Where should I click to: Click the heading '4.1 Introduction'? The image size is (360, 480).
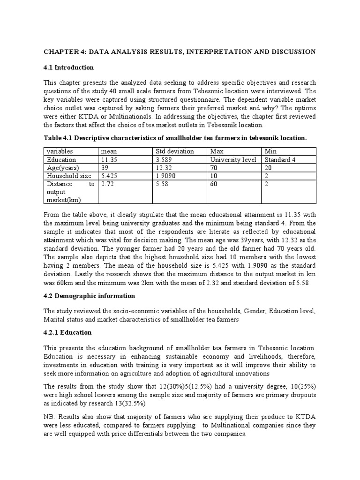(x=68, y=67)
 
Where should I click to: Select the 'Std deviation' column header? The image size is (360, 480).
(x=174, y=151)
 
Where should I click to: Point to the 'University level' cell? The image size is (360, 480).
(x=233, y=159)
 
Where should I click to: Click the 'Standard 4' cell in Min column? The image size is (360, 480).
(x=281, y=159)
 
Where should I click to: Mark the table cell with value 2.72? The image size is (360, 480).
(x=107, y=184)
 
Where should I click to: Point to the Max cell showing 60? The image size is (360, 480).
(x=215, y=184)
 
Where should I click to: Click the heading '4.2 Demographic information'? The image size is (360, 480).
(x=89, y=296)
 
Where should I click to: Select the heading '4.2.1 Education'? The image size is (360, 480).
(x=67, y=332)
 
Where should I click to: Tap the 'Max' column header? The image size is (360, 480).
(x=217, y=151)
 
